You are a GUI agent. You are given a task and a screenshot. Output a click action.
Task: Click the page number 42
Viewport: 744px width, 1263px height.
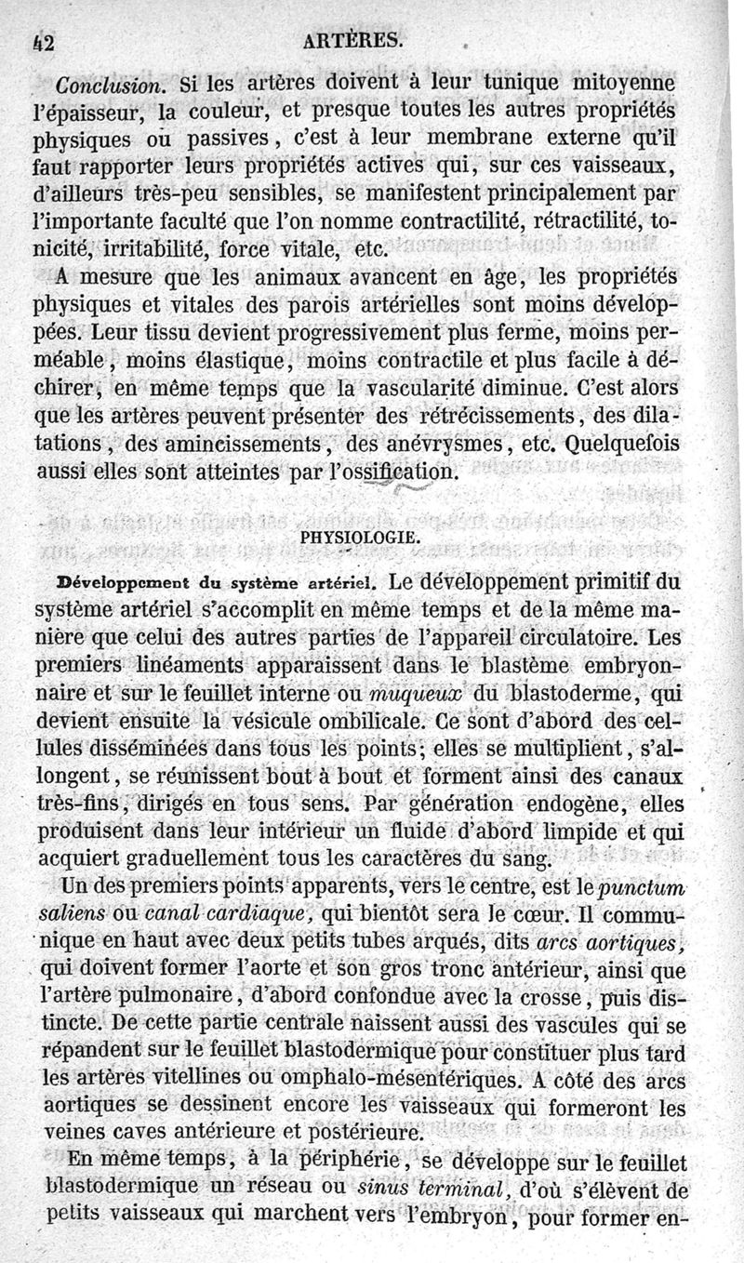pos(41,40)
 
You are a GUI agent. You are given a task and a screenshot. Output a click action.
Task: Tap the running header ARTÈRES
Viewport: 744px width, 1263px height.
pos(358,39)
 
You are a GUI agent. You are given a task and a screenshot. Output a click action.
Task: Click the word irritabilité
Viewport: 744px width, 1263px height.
pos(156,250)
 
